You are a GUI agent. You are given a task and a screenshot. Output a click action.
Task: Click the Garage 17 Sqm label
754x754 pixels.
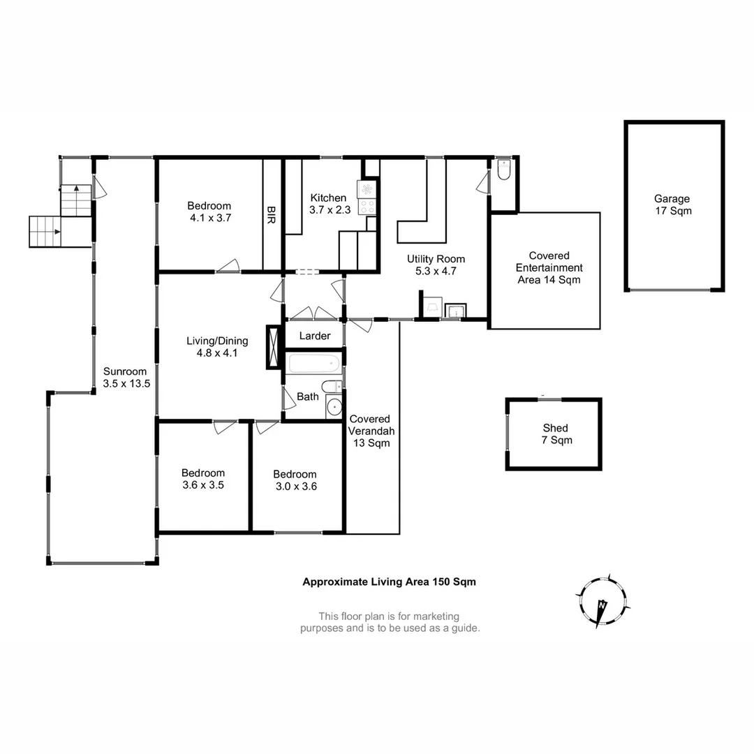coord(672,205)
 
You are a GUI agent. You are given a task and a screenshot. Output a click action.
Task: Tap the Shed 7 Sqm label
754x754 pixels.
coord(555,434)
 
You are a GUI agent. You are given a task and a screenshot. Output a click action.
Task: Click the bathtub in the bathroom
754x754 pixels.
coord(313,363)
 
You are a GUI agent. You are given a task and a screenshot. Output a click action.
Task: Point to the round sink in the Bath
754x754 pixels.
coord(334,406)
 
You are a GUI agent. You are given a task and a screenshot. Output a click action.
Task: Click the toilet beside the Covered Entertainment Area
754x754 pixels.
coord(504,170)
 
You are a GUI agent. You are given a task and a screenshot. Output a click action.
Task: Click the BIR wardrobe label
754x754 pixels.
coord(271,213)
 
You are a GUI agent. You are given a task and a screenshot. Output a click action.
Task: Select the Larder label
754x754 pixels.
coord(314,336)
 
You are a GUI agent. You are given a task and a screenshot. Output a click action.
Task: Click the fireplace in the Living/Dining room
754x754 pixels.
coord(272,346)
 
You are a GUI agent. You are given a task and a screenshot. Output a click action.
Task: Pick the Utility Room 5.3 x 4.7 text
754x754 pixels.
coord(436,265)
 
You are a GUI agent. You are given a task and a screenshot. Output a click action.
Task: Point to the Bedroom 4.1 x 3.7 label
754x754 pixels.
coord(209,212)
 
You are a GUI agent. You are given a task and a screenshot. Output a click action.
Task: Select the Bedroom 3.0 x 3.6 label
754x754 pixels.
coord(295,480)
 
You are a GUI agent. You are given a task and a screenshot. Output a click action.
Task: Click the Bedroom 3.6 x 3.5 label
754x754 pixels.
coord(203,478)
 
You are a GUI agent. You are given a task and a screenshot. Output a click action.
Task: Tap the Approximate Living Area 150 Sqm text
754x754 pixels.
coord(388,581)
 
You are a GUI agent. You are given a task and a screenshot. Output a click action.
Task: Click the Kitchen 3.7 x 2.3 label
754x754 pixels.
coord(328,203)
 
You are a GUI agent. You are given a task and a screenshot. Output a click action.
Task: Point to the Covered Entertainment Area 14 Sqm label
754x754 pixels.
coord(549,268)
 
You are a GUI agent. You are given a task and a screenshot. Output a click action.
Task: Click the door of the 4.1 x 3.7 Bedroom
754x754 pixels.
coord(228,266)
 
